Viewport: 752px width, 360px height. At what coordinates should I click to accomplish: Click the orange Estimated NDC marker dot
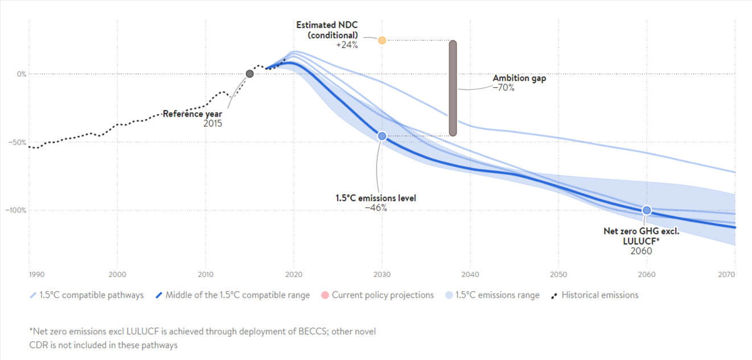[382, 40]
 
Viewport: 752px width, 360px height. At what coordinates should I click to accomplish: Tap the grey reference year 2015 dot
[249, 73]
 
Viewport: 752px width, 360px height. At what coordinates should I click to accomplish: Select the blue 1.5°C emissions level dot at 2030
[382, 136]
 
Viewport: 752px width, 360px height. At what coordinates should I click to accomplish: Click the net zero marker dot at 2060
[647, 210]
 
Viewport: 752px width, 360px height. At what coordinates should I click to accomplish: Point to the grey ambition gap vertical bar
[453, 88]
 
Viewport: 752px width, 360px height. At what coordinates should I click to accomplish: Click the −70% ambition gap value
[504, 88]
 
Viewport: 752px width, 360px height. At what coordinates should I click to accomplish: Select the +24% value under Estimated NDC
[347, 45]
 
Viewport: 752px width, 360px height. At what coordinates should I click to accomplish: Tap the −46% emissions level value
[376, 208]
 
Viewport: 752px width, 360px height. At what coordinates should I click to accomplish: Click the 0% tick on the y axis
[22, 74]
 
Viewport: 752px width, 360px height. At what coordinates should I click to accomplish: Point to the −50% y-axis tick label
[17, 142]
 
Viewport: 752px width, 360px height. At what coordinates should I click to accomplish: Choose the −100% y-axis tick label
[16, 210]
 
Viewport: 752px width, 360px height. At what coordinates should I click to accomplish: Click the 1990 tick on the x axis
[36, 275]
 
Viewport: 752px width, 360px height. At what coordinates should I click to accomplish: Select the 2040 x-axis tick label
[470, 275]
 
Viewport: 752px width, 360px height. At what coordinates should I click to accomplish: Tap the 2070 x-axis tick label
[726, 275]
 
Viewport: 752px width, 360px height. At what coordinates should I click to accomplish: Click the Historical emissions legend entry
[599, 295]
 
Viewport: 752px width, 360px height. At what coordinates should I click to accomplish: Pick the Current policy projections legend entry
[383, 295]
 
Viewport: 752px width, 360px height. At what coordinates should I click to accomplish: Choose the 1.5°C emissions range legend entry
[498, 295]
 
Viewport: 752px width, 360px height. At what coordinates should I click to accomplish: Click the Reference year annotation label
[192, 114]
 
